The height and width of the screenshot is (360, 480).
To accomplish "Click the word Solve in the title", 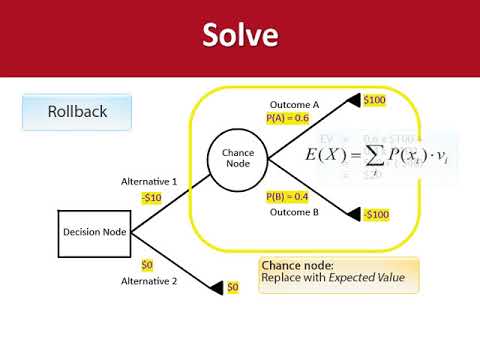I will click(x=240, y=37).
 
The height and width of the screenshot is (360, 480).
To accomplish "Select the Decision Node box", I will click(x=94, y=232).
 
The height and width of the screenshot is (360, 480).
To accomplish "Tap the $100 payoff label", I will click(x=374, y=100).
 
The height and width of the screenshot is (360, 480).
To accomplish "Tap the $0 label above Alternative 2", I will click(x=147, y=265).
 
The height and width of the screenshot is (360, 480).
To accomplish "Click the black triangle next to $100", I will click(x=353, y=100).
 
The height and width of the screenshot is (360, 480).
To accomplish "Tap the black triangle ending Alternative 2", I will click(x=215, y=288).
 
